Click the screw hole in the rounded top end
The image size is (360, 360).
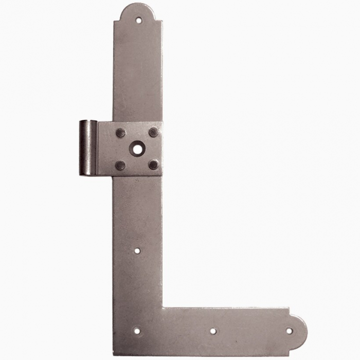tap(138, 21)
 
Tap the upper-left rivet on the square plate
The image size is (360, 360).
tap(120, 133)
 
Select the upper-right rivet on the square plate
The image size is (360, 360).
tap(153, 132)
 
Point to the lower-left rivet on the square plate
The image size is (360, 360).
tap(120, 165)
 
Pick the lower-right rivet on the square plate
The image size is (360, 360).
tap(153, 165)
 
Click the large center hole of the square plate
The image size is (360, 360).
tap(137, 149)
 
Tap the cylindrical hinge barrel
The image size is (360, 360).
tap(87, 148)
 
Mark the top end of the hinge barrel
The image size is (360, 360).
tap(87, 122)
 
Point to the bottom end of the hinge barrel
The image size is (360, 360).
tap(88, 173)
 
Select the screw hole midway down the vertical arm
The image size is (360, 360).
tap(137, 251)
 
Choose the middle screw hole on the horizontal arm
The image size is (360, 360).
tap(213, 331)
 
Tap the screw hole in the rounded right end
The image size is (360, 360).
tap(289, 331)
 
